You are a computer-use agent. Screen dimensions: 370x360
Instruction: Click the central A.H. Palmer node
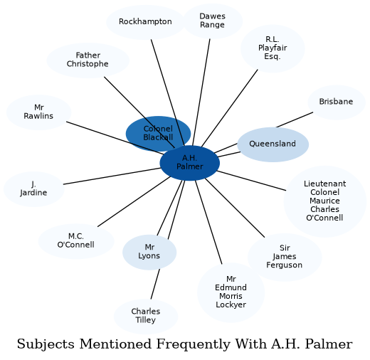click(190, 163)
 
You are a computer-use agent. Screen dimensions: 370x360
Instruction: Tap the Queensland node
click(273, 144)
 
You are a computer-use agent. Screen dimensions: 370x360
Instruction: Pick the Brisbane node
click(337, 102)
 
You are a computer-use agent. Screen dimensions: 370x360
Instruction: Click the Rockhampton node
click(145, 22)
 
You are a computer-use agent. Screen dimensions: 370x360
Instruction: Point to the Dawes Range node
click(213, 21)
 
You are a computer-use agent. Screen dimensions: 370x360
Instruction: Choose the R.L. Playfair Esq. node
click(273, 48)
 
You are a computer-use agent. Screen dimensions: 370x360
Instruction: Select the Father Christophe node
click(88, 60)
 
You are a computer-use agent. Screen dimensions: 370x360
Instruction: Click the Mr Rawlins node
click(38, 112)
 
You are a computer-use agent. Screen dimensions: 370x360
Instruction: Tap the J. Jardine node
click(34, 189)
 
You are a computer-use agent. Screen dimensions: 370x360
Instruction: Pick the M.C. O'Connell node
click(76, 241)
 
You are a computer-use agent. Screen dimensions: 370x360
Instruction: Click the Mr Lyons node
click(149, 252)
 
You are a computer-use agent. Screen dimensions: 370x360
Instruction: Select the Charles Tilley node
click(146, 317)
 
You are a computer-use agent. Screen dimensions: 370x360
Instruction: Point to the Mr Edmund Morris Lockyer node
click(231, 292)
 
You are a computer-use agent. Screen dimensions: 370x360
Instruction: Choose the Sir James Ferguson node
click(285, 258)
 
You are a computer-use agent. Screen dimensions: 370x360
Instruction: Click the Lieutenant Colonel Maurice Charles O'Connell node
click(325, 201)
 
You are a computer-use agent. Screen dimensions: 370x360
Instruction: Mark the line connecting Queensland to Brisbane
click(295, 120)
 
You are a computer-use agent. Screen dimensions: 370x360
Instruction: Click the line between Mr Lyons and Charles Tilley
click(155, 284)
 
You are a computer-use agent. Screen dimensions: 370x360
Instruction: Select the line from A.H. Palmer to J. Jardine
click(112, 176)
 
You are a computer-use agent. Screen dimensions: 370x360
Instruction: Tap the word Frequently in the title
click(194, 344)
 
